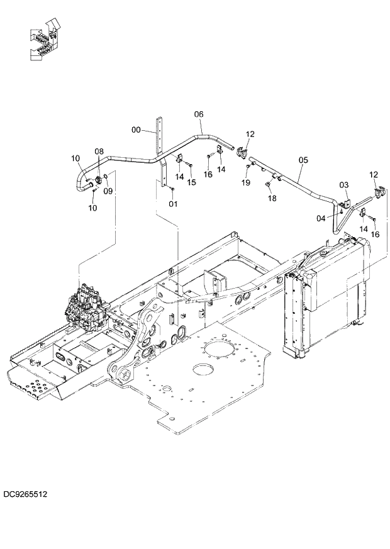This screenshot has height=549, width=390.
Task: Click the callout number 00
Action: tap(135, 130)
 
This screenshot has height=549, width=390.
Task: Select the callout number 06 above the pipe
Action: tap(198, 114)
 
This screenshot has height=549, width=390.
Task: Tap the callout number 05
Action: tap(303, 160)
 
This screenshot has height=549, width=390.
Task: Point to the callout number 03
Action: tap(343, 185)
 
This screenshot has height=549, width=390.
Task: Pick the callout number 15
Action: tap(192, 182)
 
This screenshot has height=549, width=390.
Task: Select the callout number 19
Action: tap(246, 182)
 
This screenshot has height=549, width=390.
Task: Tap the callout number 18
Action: tap(272, 198)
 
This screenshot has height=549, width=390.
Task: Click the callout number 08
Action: tap(99, 152)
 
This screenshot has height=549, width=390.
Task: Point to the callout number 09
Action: tap(108, 191)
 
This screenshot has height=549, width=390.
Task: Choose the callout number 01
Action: tap(173, 203)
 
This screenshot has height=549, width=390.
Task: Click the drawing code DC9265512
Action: tap(25, 494)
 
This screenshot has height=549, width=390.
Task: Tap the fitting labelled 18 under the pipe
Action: tap(268, 184)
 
